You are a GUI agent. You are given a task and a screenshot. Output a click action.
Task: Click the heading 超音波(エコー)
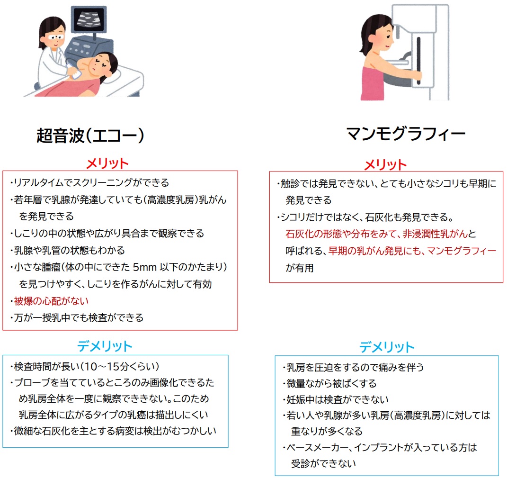pos(90,136)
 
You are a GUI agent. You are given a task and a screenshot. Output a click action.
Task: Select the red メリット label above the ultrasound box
pos(107,163)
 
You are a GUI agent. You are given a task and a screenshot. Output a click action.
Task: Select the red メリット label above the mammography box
pos(385,164)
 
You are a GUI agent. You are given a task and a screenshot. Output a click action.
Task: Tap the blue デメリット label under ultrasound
pos(105,346)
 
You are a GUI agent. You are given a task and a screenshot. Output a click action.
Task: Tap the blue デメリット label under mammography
pos(386,347)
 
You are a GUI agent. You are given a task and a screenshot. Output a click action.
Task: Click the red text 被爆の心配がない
pos(51,301)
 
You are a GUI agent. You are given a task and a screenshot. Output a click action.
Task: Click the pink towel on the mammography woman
pos(374,82)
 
